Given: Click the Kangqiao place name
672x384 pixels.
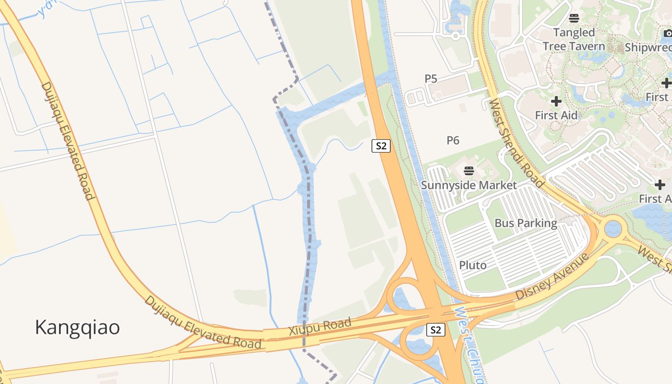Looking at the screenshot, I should click(x=77, y=327).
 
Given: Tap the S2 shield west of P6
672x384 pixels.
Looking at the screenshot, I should click(x=381, y=146).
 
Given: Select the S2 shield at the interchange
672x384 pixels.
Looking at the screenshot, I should click(x=435, y=330).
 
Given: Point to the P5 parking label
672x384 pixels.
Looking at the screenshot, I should click(x=431, y=79).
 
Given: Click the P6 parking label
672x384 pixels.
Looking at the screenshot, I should click(x=453, y=140).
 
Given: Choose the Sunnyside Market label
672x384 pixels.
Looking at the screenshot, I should click(x=469, y=185).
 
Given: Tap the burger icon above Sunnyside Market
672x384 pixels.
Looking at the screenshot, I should click(x=469, y=170).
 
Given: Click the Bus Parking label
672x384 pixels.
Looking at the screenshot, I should click(x=526, y=223).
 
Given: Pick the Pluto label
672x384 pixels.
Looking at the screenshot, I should click(x=473, y=265).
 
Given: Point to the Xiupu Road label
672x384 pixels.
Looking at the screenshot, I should click(x=320, y=327).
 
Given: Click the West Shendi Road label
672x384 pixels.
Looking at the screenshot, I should click(x=517, y=143).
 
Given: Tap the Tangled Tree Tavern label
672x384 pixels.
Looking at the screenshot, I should click(x=574, y=39).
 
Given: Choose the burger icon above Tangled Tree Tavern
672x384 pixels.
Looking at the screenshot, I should click(x=574, y=19).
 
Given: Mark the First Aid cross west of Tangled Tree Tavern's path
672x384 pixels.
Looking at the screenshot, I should click(x=556, y=101).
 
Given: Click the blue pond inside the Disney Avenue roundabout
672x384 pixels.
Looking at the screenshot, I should click(x=613, y=228).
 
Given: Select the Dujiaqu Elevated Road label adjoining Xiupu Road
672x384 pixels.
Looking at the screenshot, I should click(x=204, y=322).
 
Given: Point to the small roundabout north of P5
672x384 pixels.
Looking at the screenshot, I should click(x=456, y=35).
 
